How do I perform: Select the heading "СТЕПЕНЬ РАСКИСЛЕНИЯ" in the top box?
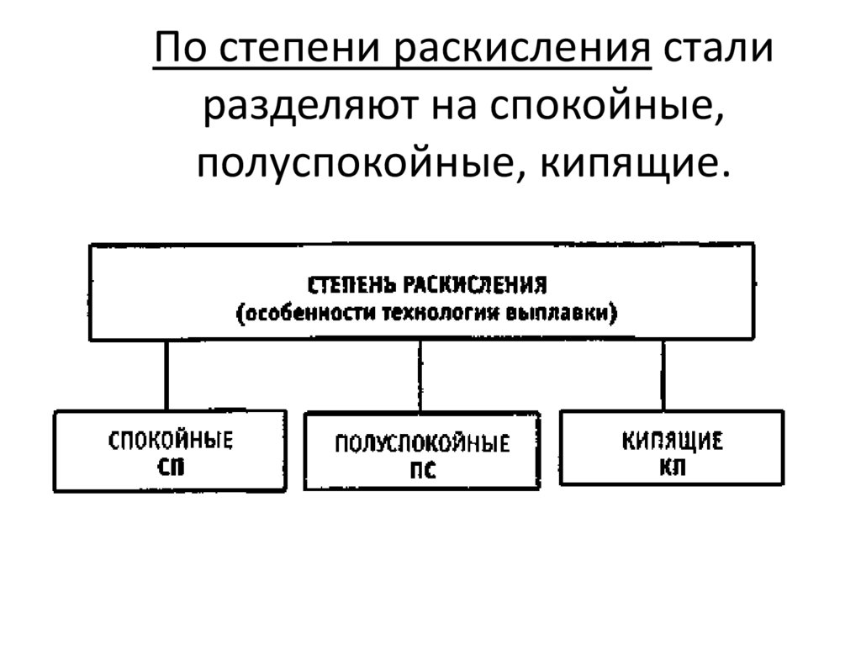click(x=428, y=284)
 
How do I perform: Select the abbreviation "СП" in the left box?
click(x=170, y=468)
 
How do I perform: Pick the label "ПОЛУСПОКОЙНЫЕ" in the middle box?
click(x=422, y=444)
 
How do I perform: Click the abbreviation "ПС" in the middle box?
click(x=422, y=471)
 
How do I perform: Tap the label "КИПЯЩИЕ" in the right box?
click(x=673, y=441)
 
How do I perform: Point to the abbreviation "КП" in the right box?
click(x=673, y=467)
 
